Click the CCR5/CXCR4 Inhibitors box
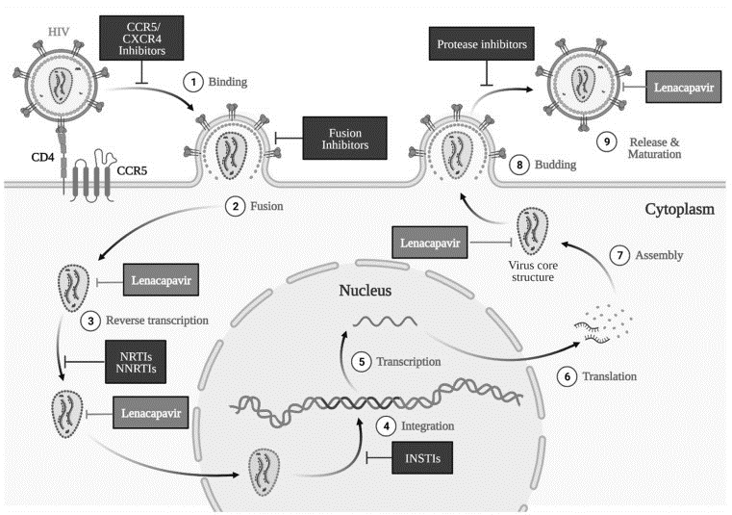pyautogui.click(x=141, y=38)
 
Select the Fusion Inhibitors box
pyautogui.click(x=345, y=139)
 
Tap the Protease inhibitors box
pyautogui.click(x=482, y=44)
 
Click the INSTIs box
pyautogui.click(x=422, y=458)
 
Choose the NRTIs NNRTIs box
pyautogui.click(x=136, y=362)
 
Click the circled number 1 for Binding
pyautogui.click(x=193, y=82)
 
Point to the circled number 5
pyautogui.click(x=362, y=362)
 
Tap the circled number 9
pyautogui.click(x=607, y=142)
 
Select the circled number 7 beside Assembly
pyautogui.click(x=620, y=255)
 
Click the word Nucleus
pyautogui.click(x=366, y=290)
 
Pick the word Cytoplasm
pyautogui.click(x=680, y=209)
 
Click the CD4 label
pyautogui.click(x=42, y=157)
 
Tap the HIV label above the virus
pyautogui.click(x=59, y=32)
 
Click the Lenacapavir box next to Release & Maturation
pyautogui.click(x=684, y=87)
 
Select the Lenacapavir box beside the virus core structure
pyautogui.click(x=430, y=243)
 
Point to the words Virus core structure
pyautogui.click(x=533, y=271)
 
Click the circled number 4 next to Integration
pyautogui.click(x=386, y=426)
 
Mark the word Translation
pyautogui.click(x=609, y=376)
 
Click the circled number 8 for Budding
pyautogui.click(x=519, y=165)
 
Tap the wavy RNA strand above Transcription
pyautogui.click(x=385, y=322)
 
